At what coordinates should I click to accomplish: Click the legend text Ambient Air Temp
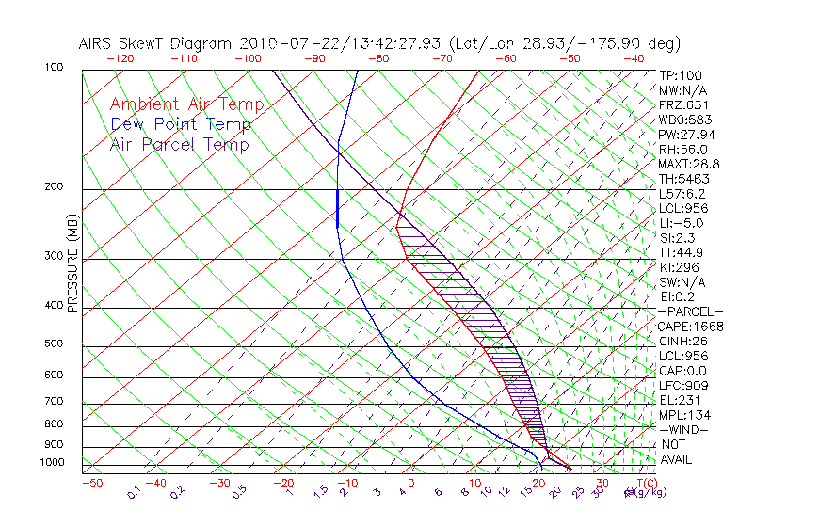pyautogui.click(x=186, y=104)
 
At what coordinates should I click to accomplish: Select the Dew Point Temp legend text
pyautogui.click(x=181, y=124)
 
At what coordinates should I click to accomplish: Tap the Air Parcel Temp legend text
pyautogui.click(x=179, y=144)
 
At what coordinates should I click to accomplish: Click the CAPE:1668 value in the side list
pyautogui.click(x=684, y=327)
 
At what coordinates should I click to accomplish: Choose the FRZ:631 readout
pyautogui.click(x=681, y=105)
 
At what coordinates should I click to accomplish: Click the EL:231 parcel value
pyautogui.click(x=678, y=400)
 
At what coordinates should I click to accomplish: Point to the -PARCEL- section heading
pyautogui.click(x=691, y=311)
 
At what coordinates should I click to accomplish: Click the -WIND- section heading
pyautogui.click(x=683, y=429)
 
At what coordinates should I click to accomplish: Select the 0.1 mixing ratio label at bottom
pyautogui.click(x=135, y=491)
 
